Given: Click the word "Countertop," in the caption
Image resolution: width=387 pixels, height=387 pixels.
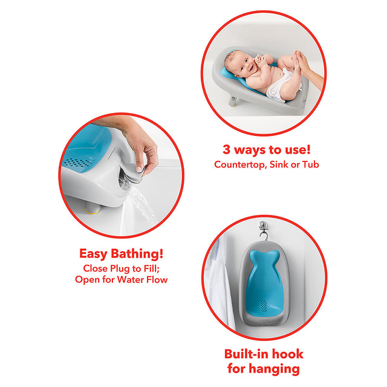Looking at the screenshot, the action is point(241,164).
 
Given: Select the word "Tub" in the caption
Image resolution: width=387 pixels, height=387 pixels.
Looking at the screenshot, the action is point(311,164).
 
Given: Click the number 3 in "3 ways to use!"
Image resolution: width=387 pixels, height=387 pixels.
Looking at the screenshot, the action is point(226,149).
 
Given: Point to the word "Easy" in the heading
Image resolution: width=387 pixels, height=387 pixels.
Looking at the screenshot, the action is point(93,254).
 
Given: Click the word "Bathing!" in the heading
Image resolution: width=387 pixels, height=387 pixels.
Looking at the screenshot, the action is point(137,253).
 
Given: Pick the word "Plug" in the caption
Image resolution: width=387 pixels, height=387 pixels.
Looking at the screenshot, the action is point(120,268).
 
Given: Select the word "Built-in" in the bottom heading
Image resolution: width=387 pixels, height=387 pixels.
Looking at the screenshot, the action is point(246,354).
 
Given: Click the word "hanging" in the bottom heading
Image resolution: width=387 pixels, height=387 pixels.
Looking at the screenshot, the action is point(275,369).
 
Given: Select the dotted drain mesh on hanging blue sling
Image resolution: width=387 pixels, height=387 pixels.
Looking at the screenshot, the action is point(264,305).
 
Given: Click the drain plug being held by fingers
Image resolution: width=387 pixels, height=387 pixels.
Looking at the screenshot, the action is point(134,175).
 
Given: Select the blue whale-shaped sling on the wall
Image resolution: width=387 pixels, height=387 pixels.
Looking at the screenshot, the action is point(264,284).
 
